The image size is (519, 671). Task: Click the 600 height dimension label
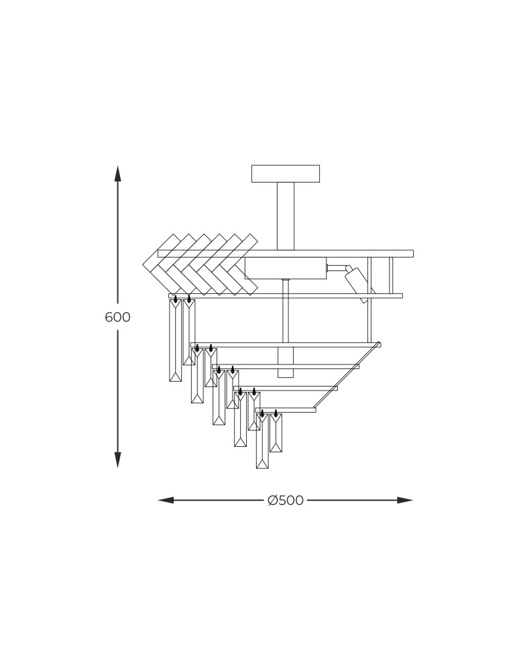point(117,317)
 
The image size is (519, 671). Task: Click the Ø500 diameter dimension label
point(286,500)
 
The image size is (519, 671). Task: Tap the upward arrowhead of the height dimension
point(117,173)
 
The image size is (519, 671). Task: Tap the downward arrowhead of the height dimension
point(117,460)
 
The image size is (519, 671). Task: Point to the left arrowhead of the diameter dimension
point(166,500)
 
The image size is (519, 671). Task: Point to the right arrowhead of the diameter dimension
point(405,500)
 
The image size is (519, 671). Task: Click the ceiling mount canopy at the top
point(286,173)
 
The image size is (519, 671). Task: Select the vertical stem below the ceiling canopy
point(286,216)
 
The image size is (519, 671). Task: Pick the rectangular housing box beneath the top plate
point(286,268)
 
